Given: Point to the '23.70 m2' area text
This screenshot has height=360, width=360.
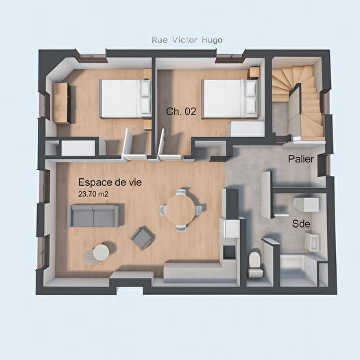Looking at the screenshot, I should pyautogui.click(x=93, y=194).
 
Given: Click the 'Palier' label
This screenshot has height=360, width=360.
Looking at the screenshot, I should pyautogui.click(x=301, y=158).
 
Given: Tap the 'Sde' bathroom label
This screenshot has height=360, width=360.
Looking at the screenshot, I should pyautogui.click(x=300, y=224).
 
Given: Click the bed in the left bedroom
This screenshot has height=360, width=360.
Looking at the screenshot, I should pyautogui.click(x=125, y=98).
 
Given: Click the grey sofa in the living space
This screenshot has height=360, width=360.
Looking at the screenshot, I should pyautogui.click(x=93, y=216).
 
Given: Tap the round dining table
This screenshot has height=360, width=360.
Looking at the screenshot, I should pyautogui.click(x=182, y=208).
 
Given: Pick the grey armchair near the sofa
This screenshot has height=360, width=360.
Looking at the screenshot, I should pyautogui.click(x=143, y=238).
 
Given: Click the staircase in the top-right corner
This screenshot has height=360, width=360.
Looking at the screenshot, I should pyautogui.click(x=298, y=99).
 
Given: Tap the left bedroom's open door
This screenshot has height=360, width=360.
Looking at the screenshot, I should pyautogui.click(x=126, y=145).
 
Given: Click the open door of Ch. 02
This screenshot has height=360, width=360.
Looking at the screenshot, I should pyautogui.click(x=163, y=145).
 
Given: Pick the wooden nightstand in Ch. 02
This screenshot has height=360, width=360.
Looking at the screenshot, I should pyautogui.click(x=254, y=72).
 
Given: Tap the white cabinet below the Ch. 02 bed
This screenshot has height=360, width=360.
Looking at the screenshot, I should pyautogui.click(x=245, y=128).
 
